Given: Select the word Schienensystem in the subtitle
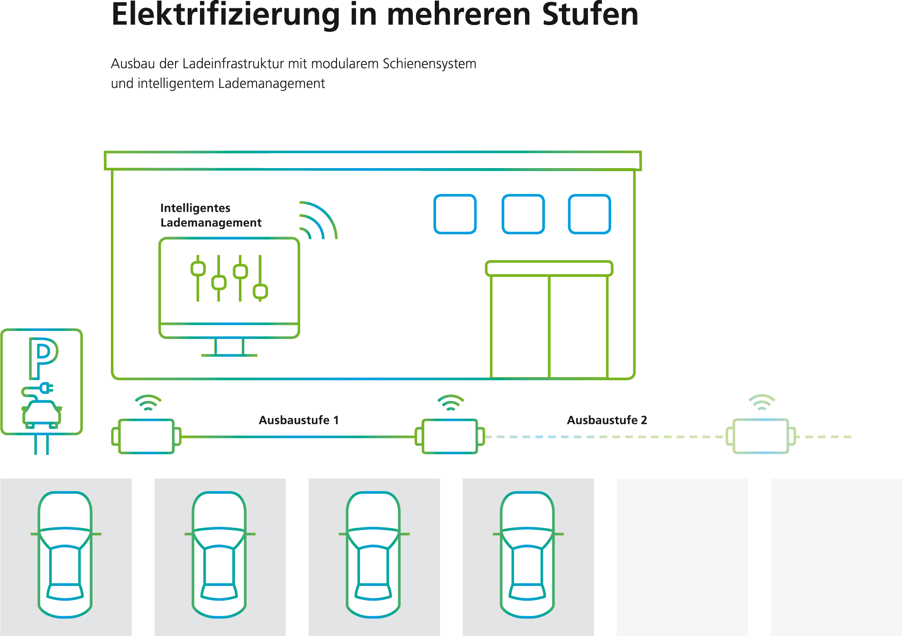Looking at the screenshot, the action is pyautogui.click(x=430, y=64).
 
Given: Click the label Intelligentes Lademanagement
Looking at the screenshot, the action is pyautogui.click(x=211, y=215).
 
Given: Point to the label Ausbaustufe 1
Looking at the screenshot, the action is pyautogui.click(x=299, y=420).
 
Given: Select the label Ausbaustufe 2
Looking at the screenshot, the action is pyautogui.click(x=607, y=420).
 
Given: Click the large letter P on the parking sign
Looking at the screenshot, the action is pyautogui.click(x=43, y=358).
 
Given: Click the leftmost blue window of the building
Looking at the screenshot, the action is pyautogui.click(x=455, y=214).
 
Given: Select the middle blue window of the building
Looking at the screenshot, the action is pyautogui.click(x=523, y=214).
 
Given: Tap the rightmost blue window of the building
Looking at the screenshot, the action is pyautogui.click(x=589, y=214).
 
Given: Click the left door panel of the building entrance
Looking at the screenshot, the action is pyautogui.click(x=520, y=327).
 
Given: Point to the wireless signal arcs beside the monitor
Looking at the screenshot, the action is pyautogui.click(x=318, y=220).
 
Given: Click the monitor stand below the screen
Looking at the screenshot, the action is pyautogui.click(x=229, y=347).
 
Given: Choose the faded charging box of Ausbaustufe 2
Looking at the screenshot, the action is pyautogui.click(x=761, y=436).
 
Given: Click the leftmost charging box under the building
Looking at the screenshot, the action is pyautogui.click(x=147, y=436).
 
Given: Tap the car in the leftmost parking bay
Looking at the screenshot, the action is pyautogui.click(x=65, y=555).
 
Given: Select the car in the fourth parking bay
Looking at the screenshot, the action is pyautogui.click(x=528, y=555).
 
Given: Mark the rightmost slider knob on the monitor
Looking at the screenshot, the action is pyautogui.click(x=261, y=291).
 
